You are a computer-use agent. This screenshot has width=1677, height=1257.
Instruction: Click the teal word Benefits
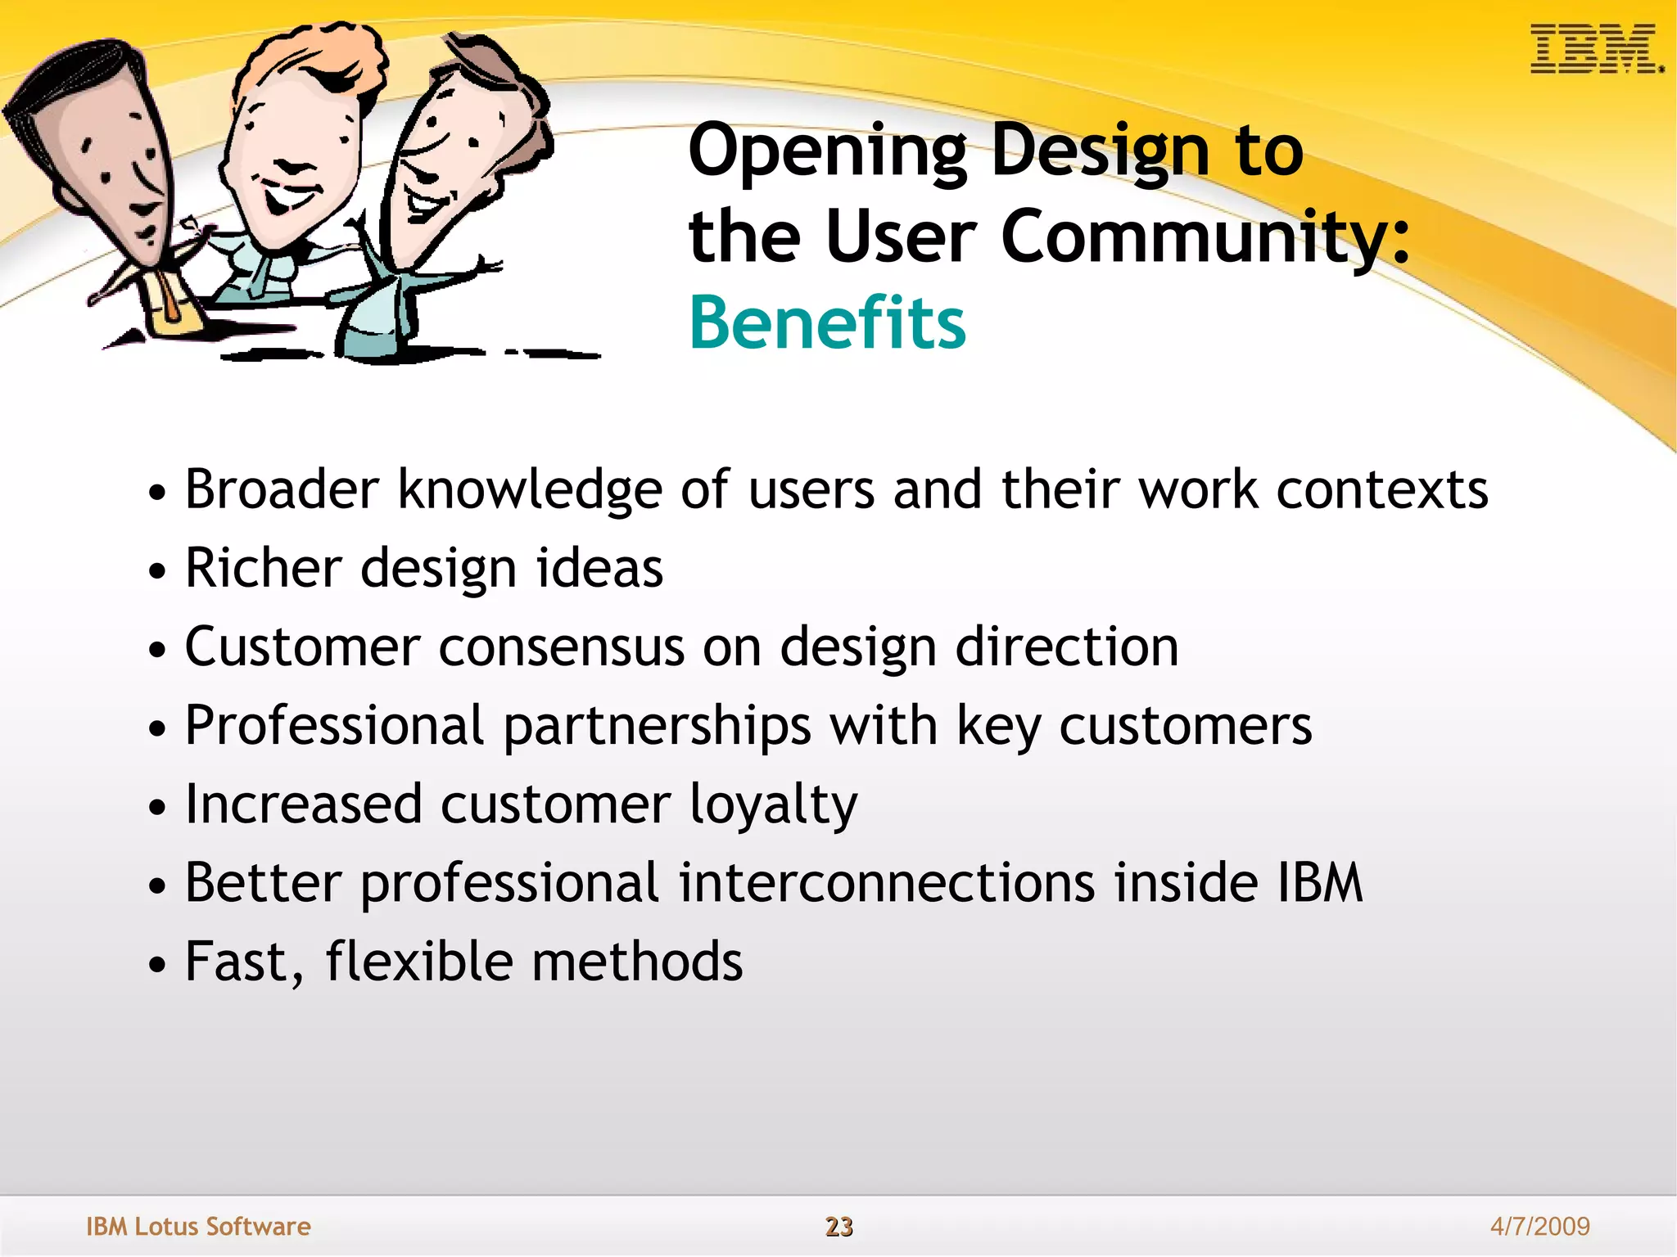[827, 322]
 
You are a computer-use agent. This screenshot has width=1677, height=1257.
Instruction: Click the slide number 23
[838, 1226]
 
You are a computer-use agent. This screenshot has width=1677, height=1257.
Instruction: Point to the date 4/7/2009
[1539, 1226]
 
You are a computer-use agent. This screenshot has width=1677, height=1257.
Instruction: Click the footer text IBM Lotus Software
[198, 1226]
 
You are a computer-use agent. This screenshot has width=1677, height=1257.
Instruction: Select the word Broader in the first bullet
[281, 489]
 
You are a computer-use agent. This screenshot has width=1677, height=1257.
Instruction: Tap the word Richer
[262, 568]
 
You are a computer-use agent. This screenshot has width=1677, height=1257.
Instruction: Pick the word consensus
[561, 647]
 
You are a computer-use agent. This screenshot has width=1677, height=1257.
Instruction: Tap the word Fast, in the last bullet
[244, 962]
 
